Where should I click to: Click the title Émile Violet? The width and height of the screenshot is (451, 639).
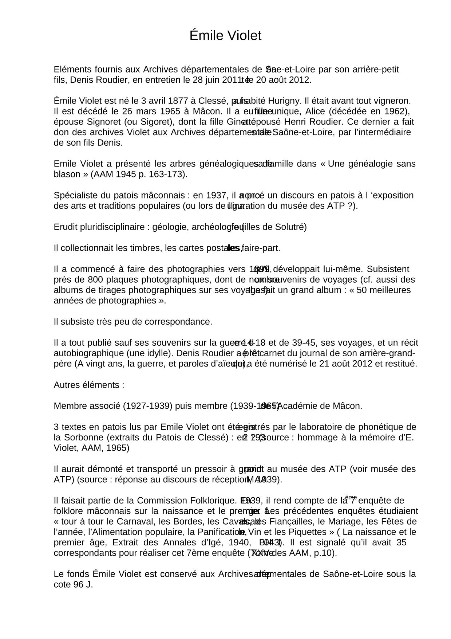point(225,36)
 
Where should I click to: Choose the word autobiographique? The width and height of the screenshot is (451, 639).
point(88,353)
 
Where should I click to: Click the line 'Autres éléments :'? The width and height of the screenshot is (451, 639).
point(89,385)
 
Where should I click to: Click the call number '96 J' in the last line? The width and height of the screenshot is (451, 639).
point(84,585)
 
